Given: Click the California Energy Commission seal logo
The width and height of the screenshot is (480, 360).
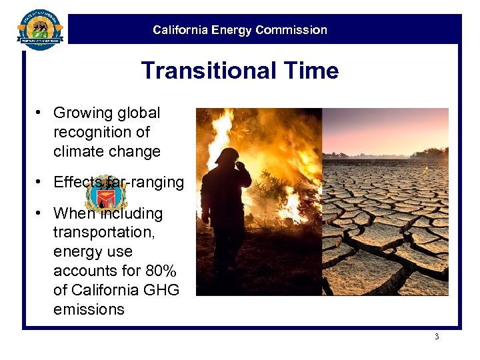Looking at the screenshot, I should coord(39,29).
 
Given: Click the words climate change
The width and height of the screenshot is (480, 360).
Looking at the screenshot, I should coord(107,151).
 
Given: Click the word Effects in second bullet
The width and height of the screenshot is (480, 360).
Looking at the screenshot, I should coord(77,183).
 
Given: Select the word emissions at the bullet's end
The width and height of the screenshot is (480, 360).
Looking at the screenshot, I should coord(89,309).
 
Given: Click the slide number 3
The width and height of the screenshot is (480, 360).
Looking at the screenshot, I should coord(437,337).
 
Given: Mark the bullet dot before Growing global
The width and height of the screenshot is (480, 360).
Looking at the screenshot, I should coord(40,113).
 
